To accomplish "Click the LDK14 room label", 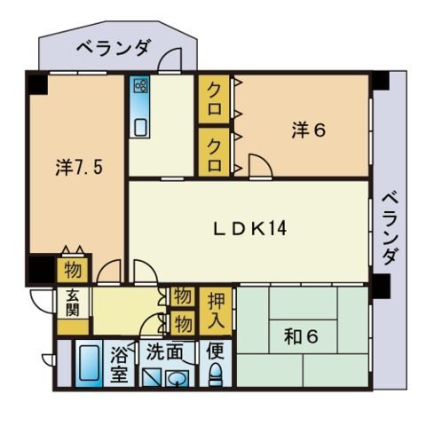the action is [250, 229].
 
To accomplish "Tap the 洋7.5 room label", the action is [79, 168].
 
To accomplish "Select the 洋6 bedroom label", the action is [309, 130].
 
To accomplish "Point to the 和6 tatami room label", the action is [301, 336].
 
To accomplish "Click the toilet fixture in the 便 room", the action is [215, 375].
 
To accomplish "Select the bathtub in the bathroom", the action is [89, 363].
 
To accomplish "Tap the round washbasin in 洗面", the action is [177, 378].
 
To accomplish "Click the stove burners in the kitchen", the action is [139, 85].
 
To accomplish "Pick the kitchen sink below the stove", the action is [139, 127].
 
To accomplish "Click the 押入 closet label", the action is [216, 311].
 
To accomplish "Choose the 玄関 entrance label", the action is [73, 303].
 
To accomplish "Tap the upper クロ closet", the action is [214, 99].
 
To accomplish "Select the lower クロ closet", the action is [214, 153].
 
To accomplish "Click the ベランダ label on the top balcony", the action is [114, 47].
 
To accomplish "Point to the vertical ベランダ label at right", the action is [390, 228].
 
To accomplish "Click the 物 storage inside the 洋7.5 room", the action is [73, 270].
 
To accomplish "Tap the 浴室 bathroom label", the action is [119, 365].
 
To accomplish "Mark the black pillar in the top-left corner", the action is [38, 84].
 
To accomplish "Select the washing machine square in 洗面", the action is [152, 377].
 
